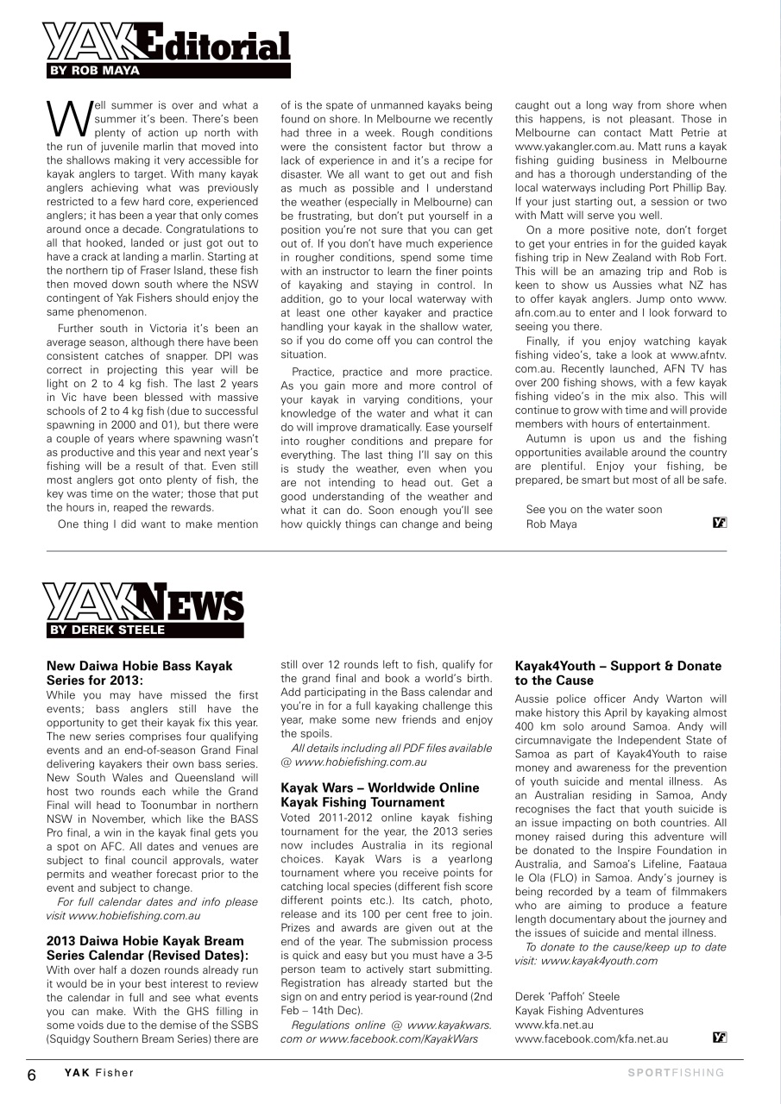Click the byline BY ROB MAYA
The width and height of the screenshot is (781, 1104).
93,71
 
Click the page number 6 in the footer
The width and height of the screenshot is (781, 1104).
31,1074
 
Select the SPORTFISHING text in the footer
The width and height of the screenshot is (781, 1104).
676,1073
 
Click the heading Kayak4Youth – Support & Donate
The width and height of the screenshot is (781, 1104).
618,666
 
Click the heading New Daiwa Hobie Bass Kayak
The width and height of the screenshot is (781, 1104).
139,666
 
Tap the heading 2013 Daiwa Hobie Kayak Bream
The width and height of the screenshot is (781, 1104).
145,940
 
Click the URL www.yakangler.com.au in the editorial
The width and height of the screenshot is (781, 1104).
571,147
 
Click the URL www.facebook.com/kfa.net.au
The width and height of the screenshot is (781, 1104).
591,1039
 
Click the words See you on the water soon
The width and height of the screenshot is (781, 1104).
594,509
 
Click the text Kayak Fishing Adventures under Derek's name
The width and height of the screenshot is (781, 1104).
578,1011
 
